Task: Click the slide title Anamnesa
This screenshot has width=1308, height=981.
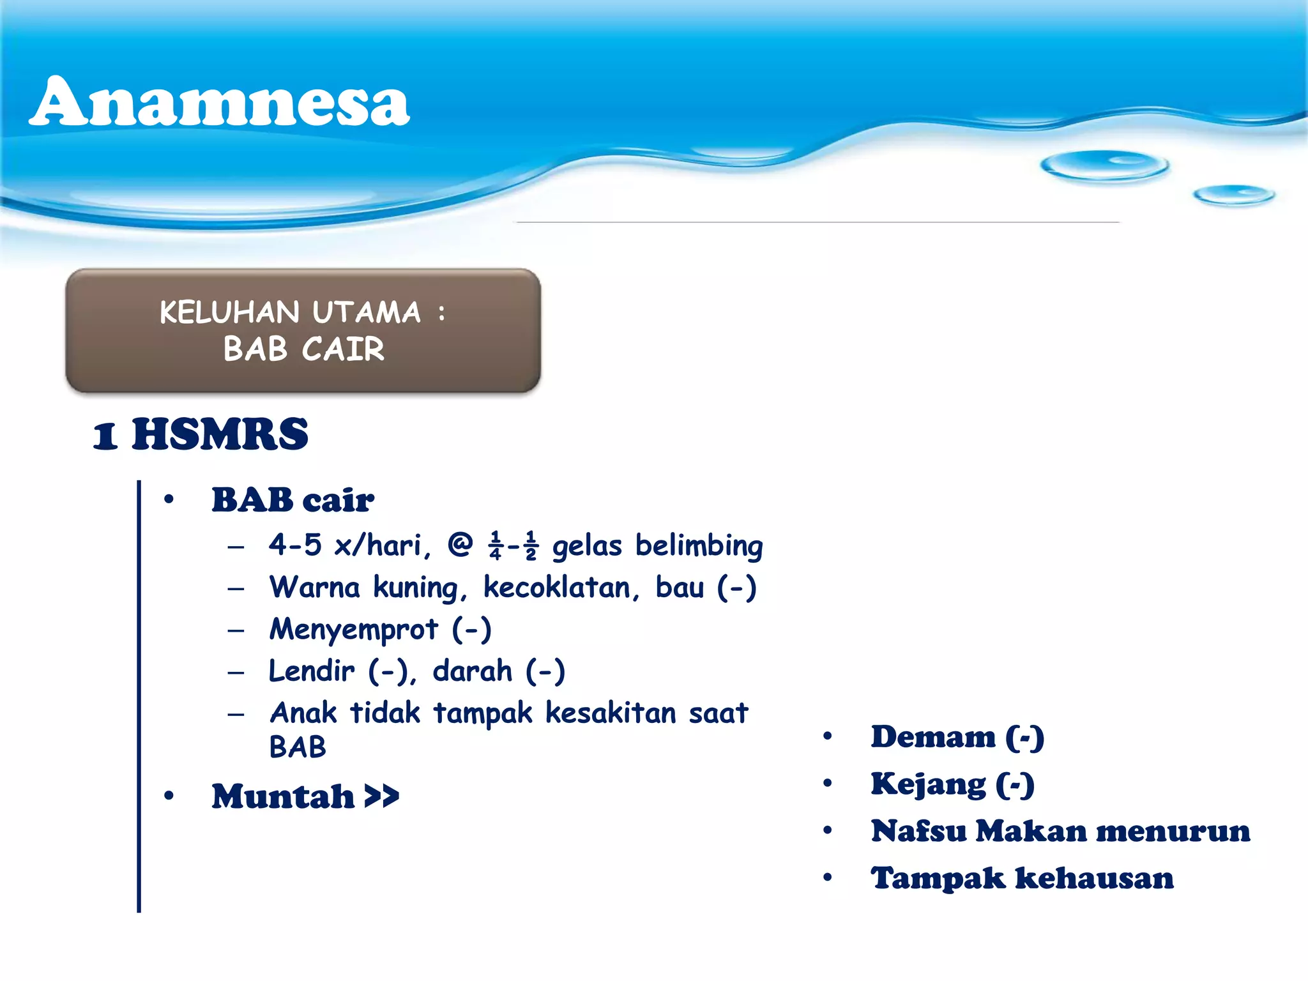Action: click(219, 102)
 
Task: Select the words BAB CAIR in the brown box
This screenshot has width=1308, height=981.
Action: click(303, 349)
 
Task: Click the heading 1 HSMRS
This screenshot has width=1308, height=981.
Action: click(201, 434)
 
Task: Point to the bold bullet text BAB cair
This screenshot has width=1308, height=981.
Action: click(293, 500)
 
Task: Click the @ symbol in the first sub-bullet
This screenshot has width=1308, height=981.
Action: click(460, 545)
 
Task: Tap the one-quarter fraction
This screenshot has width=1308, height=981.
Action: click(495, 546)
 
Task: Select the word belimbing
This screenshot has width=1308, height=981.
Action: click(699, 546)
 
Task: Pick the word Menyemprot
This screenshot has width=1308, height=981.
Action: click(354, 630)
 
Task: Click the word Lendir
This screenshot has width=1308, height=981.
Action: click(311, 671)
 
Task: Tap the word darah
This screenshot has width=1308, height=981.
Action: click(472, 671)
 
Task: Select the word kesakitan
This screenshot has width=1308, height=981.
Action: click(611, 713)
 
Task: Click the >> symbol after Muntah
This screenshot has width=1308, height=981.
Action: click(381, 796)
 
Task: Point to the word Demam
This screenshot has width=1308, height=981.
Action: click(933, 737)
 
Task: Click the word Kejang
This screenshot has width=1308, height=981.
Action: click(928, 784)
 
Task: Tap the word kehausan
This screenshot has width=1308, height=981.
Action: click(1094, 878)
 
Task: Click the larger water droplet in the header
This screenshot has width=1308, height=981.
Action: click(1104, 165)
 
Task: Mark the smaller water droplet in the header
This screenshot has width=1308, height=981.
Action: click(1233, 195)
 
